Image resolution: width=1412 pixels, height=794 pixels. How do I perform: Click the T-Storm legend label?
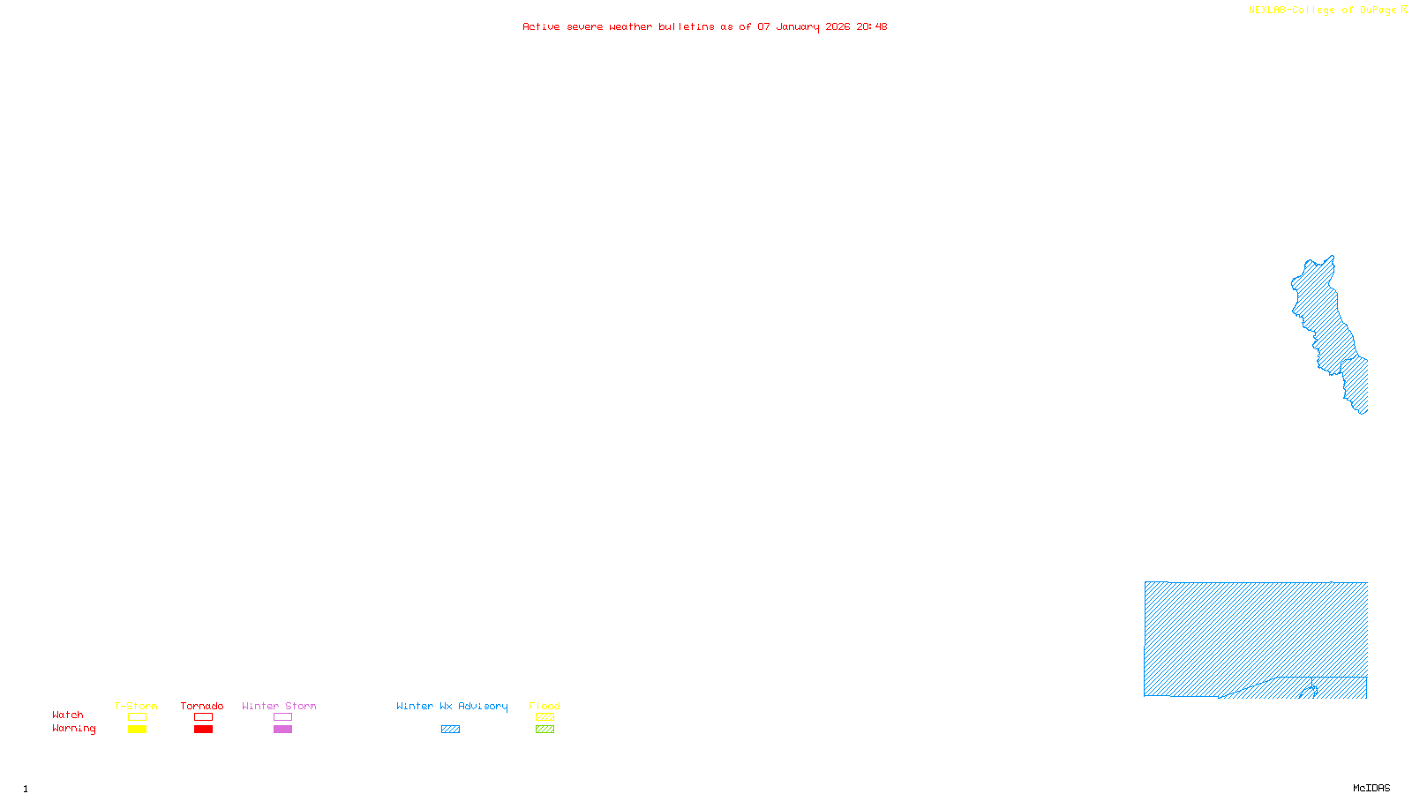pyautogui.click(x=136, y=706)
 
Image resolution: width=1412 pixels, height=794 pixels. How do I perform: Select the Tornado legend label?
pyautogui.click(x=202, y=706)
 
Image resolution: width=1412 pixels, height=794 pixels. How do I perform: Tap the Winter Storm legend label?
pyautogui.click(x=279, y=706)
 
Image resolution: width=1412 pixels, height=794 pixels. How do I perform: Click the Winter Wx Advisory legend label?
pyautogui.click(x=452, y=706)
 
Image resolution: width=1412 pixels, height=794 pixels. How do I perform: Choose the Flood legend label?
pyautogui.click(x=545, y=706)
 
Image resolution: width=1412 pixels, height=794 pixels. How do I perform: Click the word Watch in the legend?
pyautogui.click(x=68, y=715)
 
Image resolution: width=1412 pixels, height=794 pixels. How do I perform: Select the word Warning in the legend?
pyautogui.click(x=74, y=729)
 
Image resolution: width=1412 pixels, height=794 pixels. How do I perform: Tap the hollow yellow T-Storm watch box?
pyautogui.click(x=137, y=717)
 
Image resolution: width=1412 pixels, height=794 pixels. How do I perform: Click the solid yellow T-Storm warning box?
pyautogui.click(x=137, y=730)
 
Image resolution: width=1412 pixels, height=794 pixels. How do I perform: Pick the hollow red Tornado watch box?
pyautogui.click(x=203, y=717)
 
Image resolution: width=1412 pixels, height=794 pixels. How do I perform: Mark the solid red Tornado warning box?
pyautogui.click(x=203, y=730)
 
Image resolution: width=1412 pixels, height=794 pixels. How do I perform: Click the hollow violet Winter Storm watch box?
pyautogui.click(x=282, y=717)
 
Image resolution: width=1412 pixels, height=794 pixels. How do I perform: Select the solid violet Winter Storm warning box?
pyautogui.click(x=282, y=730)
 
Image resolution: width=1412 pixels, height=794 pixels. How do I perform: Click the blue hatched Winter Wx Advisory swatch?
pyautogui.click(x=450, y=730)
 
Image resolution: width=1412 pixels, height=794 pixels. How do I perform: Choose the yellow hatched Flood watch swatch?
pyautogui.click(x=545, y=717)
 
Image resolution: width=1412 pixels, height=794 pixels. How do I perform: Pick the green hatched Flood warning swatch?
pyautogui.click(x=545, y=730)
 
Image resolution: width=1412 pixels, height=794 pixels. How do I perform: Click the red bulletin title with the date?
pyautogui.click(x=705, y=26)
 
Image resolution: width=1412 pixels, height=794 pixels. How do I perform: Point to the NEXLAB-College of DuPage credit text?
pyautogui.click(x=1323, y=11)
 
